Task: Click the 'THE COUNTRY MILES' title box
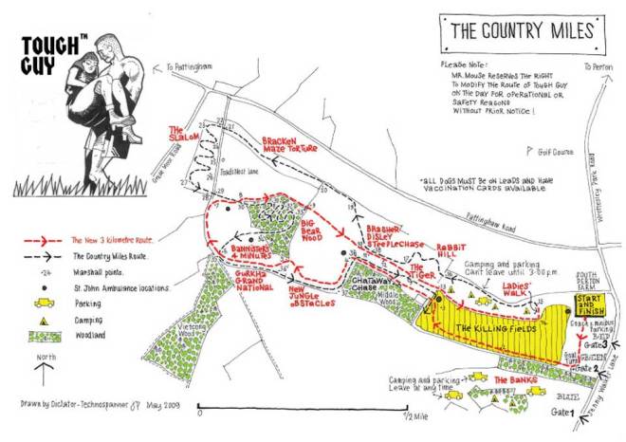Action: pyautogui.click(x=518, y=29)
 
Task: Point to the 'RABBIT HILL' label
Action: pyautogui.click(x=451, y=251)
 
